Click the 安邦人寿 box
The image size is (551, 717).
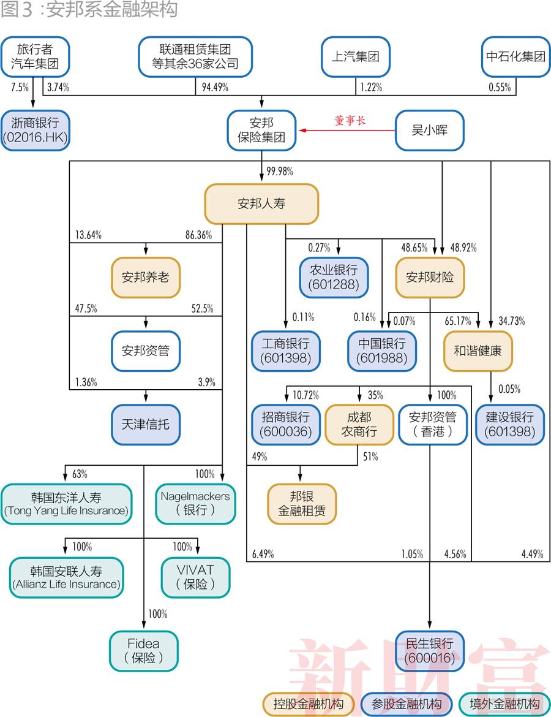[261, 204]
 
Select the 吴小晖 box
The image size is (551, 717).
[429, 131]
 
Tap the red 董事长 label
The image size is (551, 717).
[350, 121]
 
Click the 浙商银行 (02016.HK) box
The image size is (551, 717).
[35, 131]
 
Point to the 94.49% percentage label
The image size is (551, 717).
[215, 88]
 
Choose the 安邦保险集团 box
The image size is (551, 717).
[261, 131]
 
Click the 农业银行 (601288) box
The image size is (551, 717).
[334, 277]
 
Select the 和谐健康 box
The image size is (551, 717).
[478, 351]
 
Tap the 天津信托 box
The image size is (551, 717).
[146, 424]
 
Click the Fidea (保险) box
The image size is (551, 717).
[144, 651]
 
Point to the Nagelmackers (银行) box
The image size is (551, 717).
[195, 503]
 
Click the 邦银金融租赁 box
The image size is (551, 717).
[302, 504]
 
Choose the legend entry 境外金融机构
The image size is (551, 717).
[504, 704]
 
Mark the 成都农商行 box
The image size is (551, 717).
[359, 425]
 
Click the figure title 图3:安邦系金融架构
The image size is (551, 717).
[89, 10]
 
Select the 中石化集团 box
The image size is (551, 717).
[515, 57]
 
